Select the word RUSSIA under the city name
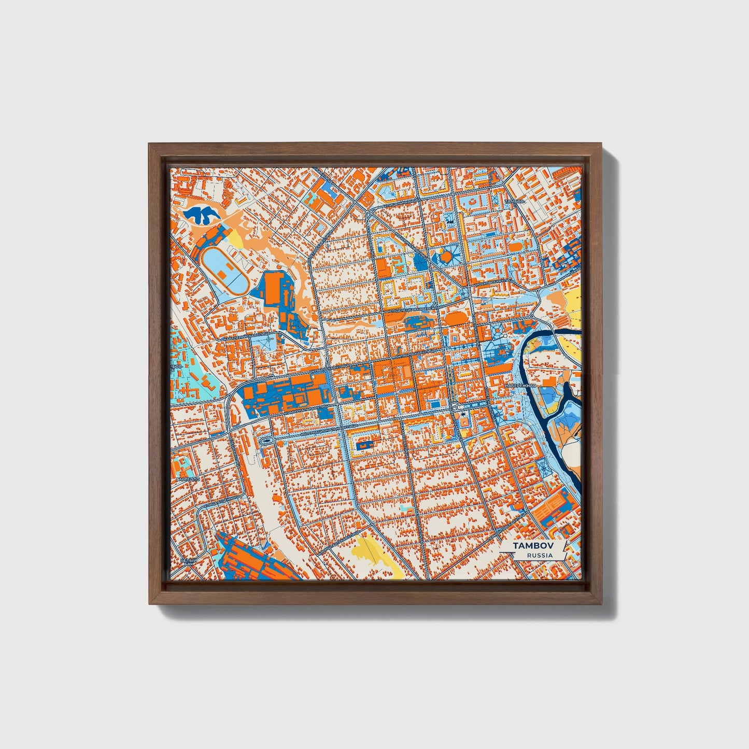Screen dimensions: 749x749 [x=539, y=556]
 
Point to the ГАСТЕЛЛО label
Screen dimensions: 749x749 [x=188, y=480]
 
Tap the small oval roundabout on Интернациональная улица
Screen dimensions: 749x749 [x=267, y=440]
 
